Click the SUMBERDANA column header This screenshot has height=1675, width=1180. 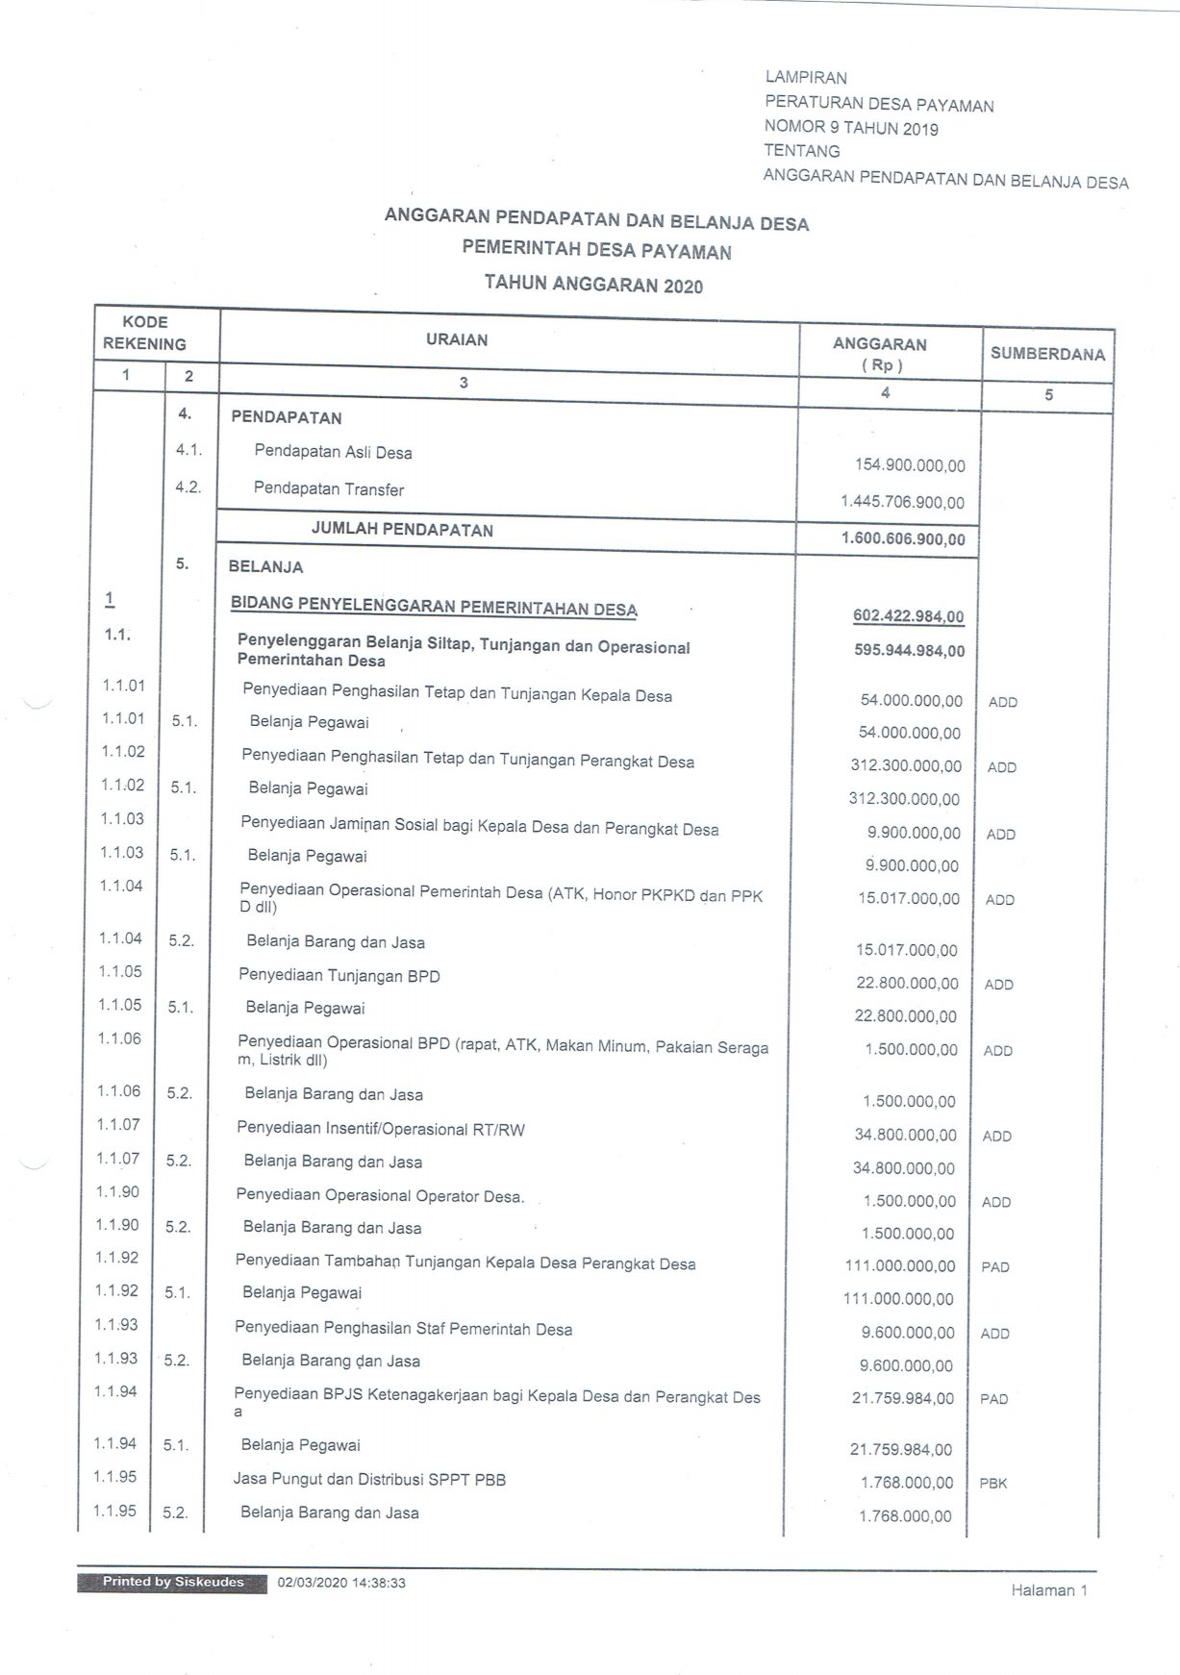(1047, 354)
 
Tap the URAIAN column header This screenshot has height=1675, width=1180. (457, 339)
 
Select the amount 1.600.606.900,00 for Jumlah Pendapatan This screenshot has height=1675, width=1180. (902, 538)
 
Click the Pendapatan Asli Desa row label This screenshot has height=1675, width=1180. (333, 452)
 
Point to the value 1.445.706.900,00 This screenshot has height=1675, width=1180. (901, 502)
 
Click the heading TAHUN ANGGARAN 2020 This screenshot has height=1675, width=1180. (593, 285)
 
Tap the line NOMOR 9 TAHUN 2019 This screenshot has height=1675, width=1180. (850, 128)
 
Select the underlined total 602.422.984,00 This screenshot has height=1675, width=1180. (908, 616)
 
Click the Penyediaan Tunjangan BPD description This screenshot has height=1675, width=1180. (339, 976)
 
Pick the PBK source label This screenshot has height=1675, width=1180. (992, 1484)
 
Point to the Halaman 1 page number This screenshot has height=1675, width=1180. (1048, 1590)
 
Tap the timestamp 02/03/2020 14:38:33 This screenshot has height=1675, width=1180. (341, 1583)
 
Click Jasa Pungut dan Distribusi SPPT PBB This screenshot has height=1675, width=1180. (369, 1480)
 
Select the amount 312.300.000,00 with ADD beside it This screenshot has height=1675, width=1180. (905, 766)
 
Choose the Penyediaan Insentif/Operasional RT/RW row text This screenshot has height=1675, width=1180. (381, 1129)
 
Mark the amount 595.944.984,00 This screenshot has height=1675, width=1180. (909, 651)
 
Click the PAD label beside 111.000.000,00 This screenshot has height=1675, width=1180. (994, 1267)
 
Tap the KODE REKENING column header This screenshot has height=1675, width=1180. (145, 333)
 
